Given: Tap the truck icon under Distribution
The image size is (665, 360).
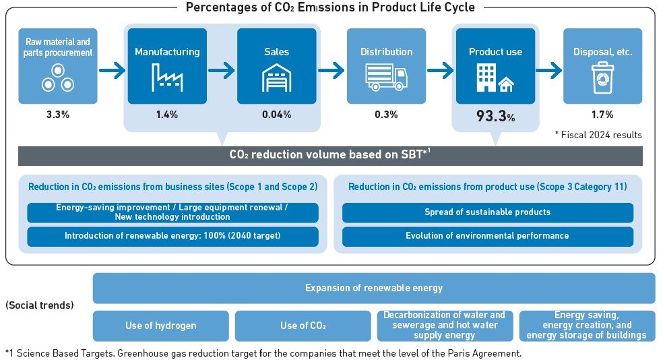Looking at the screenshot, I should [386, 77].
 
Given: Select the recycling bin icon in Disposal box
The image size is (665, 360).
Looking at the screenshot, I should [602, 78].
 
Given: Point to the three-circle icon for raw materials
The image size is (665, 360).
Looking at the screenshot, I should [58, 78].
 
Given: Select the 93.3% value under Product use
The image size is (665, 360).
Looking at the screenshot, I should [495, 116].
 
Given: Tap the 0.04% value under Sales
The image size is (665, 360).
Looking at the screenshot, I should [276, 115].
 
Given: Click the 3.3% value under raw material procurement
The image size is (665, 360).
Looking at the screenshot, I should [58, 115].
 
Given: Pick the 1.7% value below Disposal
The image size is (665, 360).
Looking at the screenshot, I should [602, 115].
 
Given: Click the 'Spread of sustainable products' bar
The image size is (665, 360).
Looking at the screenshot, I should [487, 212].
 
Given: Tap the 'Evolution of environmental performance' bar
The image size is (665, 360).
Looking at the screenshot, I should [487, 236].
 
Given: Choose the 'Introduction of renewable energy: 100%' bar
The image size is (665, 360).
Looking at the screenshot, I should [172, 236].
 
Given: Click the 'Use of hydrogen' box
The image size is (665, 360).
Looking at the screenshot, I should [160, 326].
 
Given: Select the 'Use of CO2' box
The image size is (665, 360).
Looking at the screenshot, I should [303, 326].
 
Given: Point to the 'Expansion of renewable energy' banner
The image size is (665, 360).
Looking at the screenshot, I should [373, 288].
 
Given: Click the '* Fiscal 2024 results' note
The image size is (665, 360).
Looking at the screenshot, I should [598, 135].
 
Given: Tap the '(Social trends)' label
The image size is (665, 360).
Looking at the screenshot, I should [39, 305].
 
